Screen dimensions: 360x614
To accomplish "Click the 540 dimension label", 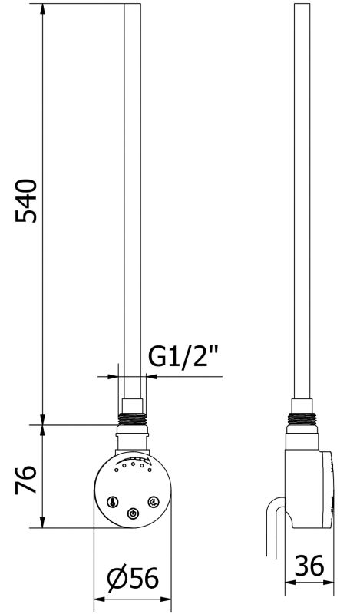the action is click(26, 201).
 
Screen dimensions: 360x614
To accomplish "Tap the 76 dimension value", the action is click(26, 480).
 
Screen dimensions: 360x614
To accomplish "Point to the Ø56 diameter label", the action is click(133, 578).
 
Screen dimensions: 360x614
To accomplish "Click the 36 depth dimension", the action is click(309, 565).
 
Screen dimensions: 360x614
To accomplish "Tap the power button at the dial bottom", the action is click(133, 513).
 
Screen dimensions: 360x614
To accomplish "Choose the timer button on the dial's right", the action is click(152, 501).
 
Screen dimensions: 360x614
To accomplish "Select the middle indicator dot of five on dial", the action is click(133, 464).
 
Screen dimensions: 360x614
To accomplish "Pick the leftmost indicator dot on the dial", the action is click(116, 470).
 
